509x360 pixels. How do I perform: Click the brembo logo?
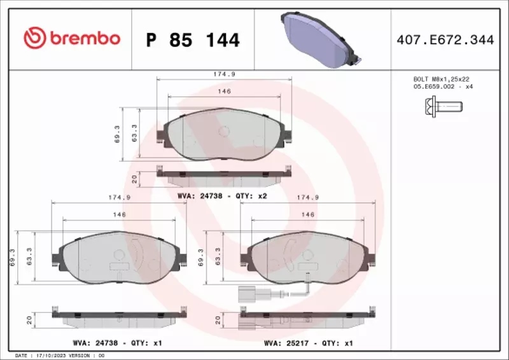[x=71, y=38]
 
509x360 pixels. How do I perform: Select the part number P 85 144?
[x=193, y=40]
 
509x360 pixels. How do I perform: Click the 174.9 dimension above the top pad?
[x=224, y=74]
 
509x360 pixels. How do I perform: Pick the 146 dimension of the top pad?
[x=224, y=92]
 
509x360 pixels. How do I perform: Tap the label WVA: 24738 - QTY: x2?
[x=221, y=196]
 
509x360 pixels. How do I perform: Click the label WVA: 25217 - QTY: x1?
[x=308, y=342]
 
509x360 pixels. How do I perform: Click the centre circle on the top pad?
[x=223, y=131]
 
